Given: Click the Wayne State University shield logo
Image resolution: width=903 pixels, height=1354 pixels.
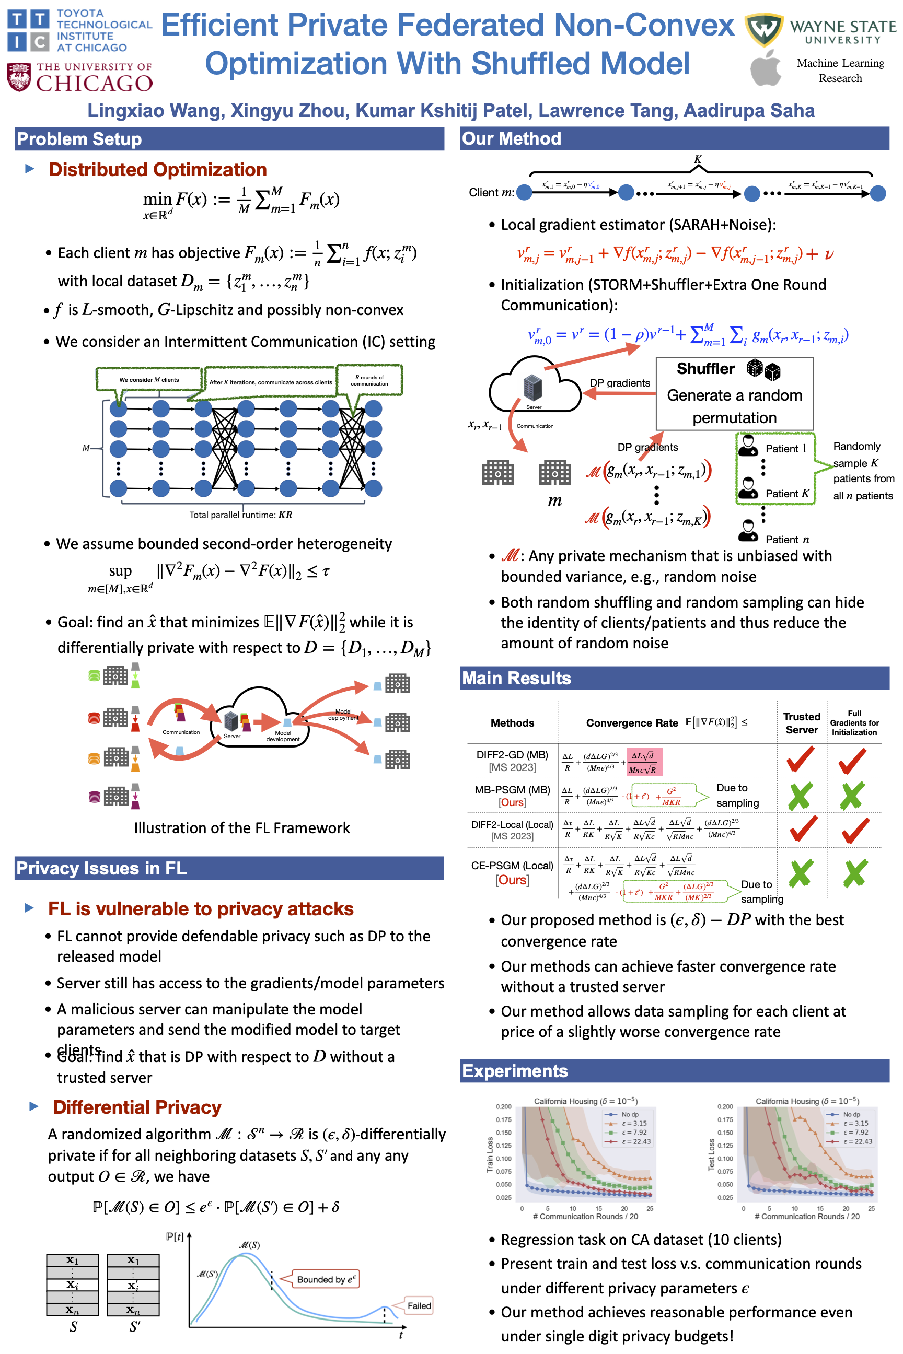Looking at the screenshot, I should coord(763,29).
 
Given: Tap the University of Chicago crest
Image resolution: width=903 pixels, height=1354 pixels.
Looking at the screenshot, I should coord(19,77).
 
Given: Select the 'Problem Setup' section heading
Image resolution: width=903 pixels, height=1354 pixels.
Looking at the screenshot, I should coord(79,139).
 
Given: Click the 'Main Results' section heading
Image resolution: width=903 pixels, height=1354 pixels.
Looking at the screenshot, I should coord(516,678).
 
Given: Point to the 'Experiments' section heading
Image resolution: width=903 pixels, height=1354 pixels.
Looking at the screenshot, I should coord(514,1071).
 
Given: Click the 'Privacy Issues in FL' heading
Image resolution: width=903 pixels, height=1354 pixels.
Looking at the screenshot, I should coord(101,868).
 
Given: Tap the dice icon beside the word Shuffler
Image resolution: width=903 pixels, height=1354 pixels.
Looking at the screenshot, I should coord(763,370).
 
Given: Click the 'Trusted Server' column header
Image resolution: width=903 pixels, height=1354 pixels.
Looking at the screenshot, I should coord(802,723).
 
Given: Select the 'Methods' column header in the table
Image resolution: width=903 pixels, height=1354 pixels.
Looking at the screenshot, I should coord(512,723).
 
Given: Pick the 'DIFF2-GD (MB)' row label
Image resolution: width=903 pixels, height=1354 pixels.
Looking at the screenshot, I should coord(512,755).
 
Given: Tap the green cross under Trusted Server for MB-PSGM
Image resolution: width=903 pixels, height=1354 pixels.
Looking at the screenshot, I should coord(800,796).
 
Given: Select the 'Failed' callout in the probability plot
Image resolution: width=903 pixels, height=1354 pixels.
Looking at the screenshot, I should coord(419,1305).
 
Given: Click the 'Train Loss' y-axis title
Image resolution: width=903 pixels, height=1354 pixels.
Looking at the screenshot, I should coord(490,1154).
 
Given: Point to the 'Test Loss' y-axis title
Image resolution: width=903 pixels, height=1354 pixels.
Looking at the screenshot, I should coord(711,1154).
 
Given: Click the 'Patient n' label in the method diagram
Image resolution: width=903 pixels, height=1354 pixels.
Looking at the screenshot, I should coord(786,540).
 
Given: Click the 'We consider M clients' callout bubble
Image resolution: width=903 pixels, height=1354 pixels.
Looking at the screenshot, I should coord(149,380).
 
